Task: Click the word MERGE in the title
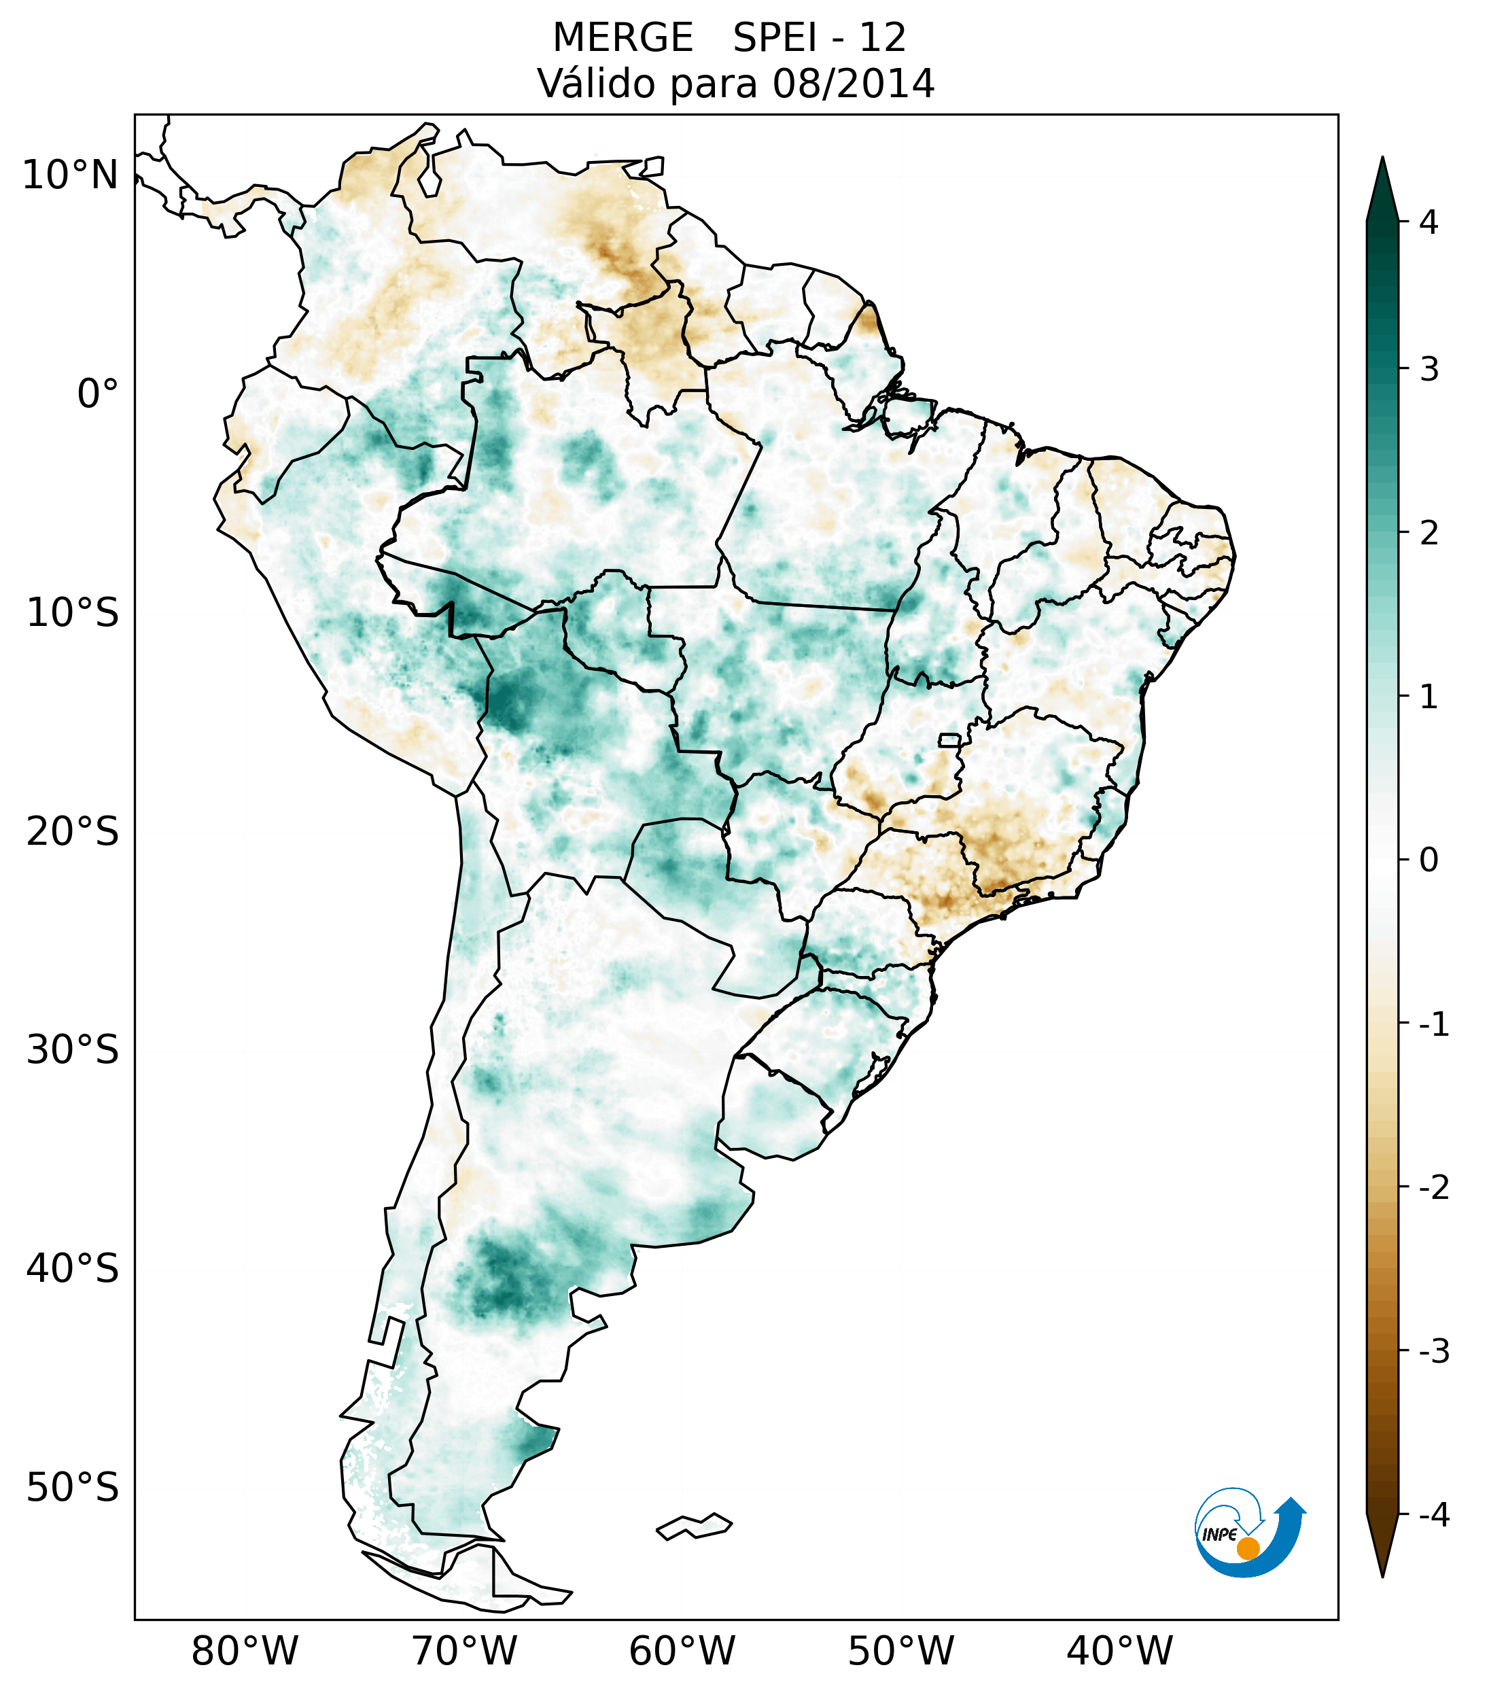622,38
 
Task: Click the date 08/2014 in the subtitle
853,84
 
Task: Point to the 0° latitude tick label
97,394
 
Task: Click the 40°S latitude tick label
72,1268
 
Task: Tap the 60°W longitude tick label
682,1651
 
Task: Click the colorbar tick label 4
1429,222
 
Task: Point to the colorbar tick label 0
1429,860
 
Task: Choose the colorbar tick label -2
1433,1187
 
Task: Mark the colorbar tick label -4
1433,1515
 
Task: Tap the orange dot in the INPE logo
1247,1548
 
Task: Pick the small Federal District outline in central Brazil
950,739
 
